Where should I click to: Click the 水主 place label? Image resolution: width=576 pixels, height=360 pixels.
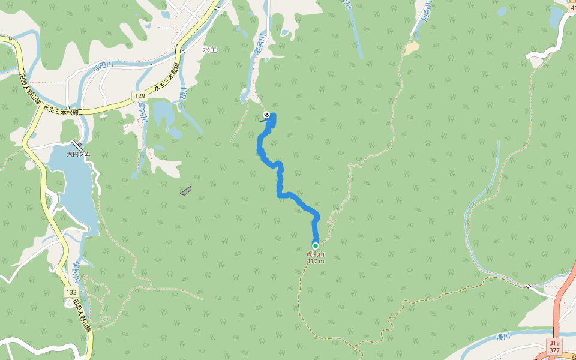[x=209, y=50]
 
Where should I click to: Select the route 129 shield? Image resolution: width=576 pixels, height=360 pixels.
[x=140, y=96]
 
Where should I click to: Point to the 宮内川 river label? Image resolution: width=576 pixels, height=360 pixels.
[x=143, y=113]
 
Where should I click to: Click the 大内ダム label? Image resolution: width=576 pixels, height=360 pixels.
[x=78, y=154]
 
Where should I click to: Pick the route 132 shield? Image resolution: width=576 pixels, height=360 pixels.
[x=71, y=292]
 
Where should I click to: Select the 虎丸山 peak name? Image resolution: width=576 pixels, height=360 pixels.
[x=315, y=254]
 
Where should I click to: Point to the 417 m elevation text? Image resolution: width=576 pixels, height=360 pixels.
[x=315, y=261]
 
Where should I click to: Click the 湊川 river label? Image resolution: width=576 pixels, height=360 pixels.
[x=502, y=337]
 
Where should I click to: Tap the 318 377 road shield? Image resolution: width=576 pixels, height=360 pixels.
[x=554, y=346]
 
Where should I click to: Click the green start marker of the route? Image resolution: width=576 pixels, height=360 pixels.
[x=315, y=245]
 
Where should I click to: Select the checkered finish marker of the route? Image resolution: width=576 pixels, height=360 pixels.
[x=266, y=114]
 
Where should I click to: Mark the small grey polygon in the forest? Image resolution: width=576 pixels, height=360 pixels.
[x=185, y=191]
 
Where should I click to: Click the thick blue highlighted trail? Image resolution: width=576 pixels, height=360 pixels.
[x=280, y=180]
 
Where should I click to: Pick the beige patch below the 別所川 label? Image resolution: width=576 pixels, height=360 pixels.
[x=411, y=48]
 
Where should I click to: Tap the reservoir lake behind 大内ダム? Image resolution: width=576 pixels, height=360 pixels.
[x=75, y=192]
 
